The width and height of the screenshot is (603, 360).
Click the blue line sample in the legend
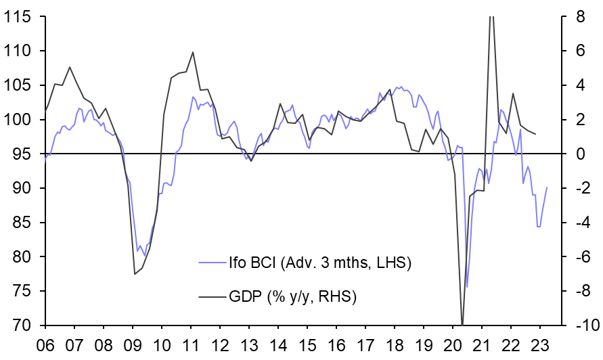pyautogui.click(x=211, y=262)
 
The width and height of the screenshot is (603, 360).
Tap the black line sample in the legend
pyautogui.click(x=211, y=296)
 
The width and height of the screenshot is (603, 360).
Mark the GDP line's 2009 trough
pyautogui.click(x=134, y=273)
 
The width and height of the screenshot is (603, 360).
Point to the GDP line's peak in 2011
pyautogui.click(x=193, y=52)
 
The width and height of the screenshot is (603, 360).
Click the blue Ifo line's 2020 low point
pyautogui.click(x=466, y=287)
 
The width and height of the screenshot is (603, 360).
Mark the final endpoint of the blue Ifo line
pyautogui.click(x=547, y=187)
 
